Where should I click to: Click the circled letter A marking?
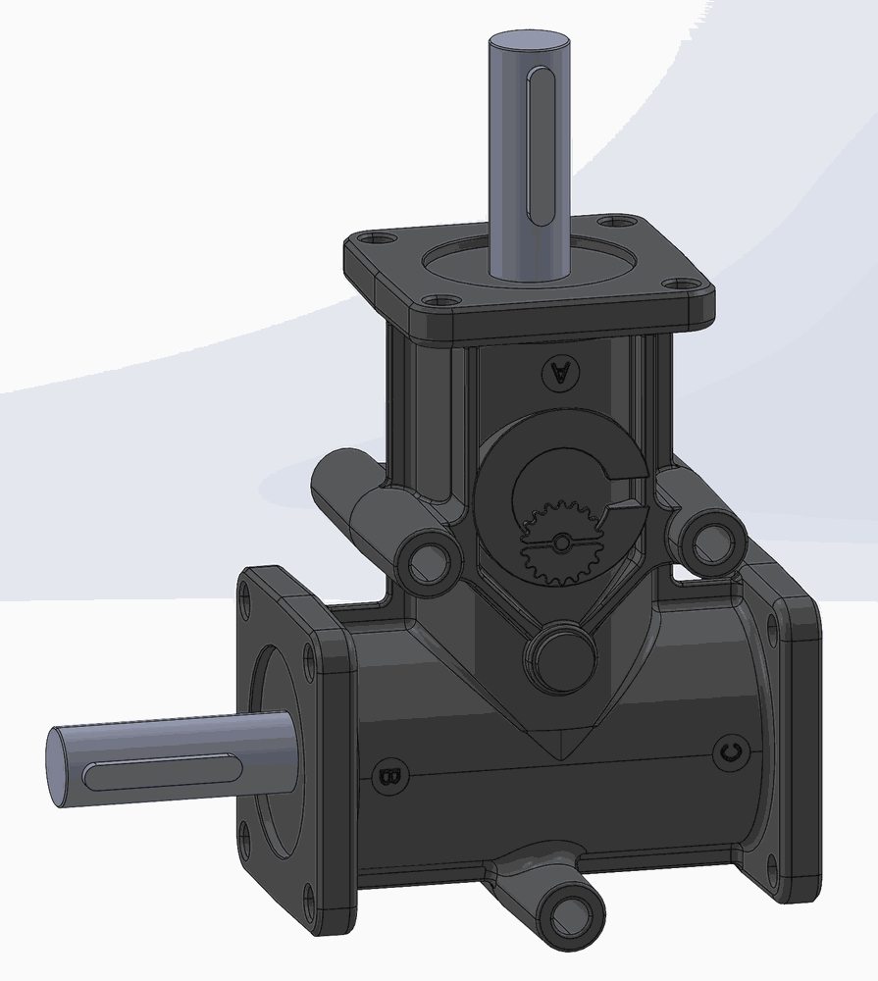coord(561,373)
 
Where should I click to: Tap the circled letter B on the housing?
coord(389,777)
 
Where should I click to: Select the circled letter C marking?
coord(730,752)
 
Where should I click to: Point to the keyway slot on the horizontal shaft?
coord(163,773)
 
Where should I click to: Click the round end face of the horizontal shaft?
coord(60,767)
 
